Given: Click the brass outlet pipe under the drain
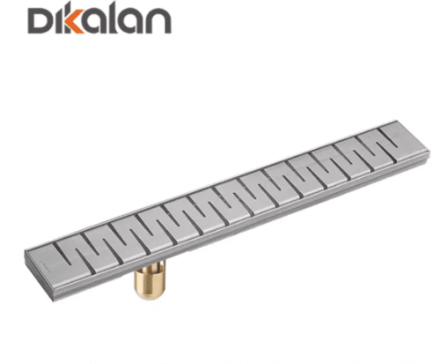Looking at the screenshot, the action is point(150,279).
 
